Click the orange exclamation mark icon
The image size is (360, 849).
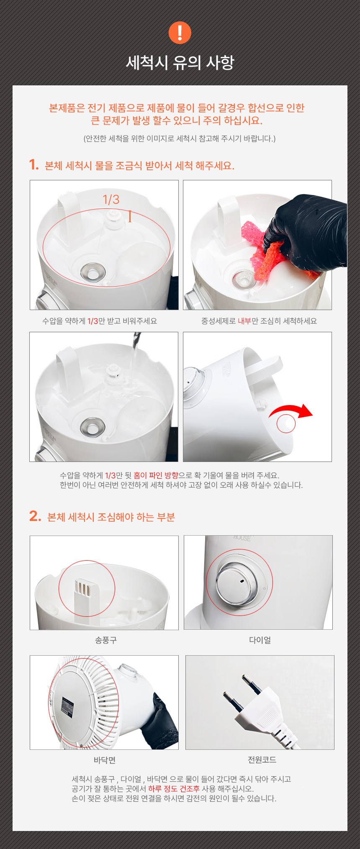coord(180,33)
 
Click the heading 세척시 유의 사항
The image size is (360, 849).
coord(180,62)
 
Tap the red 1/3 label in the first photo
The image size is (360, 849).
coord(111,200)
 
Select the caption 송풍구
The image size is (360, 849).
coord(106,640)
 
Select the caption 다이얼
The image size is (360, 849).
coord(260,640)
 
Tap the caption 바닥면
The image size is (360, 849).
coord(104,760)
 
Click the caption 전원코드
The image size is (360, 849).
coord(262,759)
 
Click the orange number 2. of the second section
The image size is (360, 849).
coord(35,516)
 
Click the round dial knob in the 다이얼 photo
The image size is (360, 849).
coord(237,582)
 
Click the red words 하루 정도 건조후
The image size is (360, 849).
coord(174,789)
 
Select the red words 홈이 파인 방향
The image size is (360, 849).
coord(156,475)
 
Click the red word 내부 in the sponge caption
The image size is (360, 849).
coord(244,321)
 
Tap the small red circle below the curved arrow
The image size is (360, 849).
coord(286,423)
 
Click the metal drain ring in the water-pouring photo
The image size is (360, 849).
coord(93,427)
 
